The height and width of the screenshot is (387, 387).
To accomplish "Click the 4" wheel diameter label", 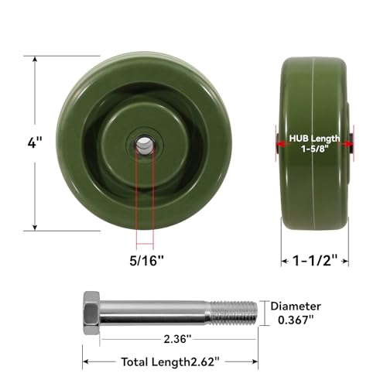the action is [35, 142].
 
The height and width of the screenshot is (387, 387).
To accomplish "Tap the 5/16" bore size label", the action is [146, 261].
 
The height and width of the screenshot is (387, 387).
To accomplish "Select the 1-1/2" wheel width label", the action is [315, 261].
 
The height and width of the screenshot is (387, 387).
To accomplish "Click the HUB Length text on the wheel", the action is [314, 139].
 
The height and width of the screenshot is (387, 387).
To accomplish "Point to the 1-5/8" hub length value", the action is [315, 149].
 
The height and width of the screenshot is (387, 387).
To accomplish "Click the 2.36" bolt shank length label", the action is [177, 339].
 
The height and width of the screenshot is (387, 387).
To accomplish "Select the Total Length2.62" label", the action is [170, 362].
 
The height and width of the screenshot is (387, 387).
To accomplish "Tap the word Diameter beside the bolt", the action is [296, 307].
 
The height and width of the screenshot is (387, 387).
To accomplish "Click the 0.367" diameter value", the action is [296, 320].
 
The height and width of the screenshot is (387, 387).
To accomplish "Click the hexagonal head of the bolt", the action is [91, 313].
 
